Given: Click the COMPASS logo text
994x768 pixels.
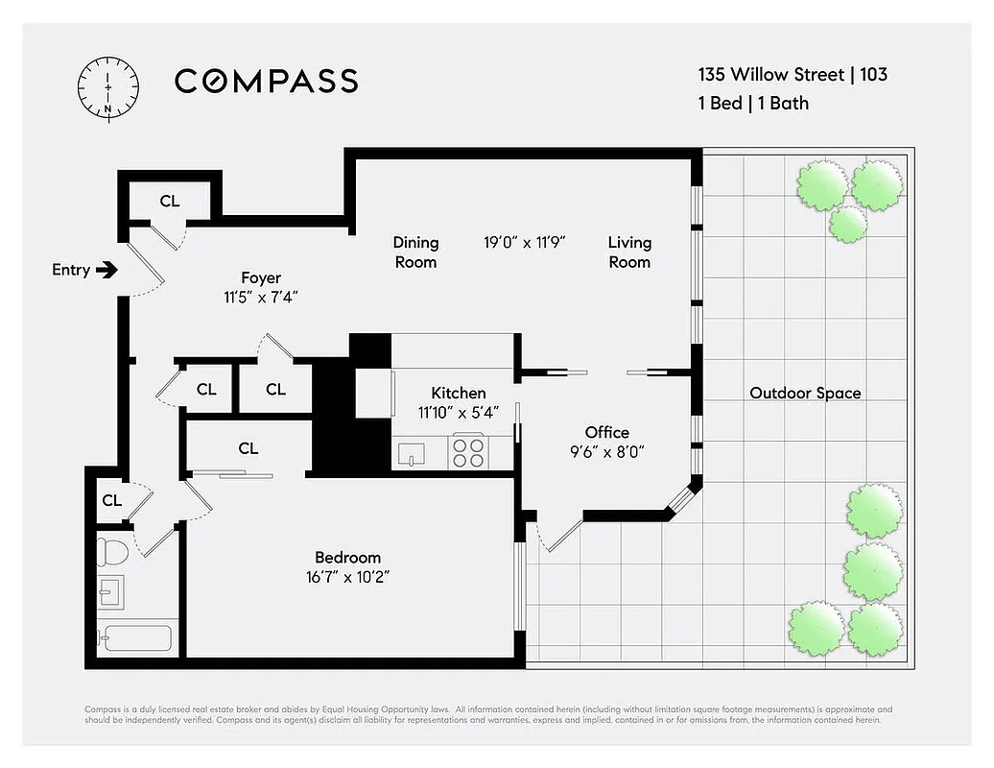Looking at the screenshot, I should (266, 81).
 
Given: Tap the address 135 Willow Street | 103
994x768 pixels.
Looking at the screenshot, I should (792, 74).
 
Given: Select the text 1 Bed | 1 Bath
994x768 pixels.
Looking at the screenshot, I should (753, 102).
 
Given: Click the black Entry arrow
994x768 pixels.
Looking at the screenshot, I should (107, 270).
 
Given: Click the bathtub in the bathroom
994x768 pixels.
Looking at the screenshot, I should (136, 637).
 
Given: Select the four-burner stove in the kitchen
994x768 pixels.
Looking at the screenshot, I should (468, 451).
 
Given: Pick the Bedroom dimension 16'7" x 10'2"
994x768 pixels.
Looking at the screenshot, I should (347, 577).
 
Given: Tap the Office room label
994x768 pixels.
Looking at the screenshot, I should (606, 432).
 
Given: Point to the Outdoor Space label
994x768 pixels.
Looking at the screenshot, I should (804, 393).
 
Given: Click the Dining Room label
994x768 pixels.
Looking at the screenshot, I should (415, 252).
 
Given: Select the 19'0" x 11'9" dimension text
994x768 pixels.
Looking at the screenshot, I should (524, 243).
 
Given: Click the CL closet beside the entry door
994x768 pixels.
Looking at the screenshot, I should (169, 201).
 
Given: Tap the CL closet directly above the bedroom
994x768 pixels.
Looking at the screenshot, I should (248, 447).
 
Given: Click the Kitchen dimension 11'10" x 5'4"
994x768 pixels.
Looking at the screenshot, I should (458, 412).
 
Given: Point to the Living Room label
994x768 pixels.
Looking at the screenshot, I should (629, 252).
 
